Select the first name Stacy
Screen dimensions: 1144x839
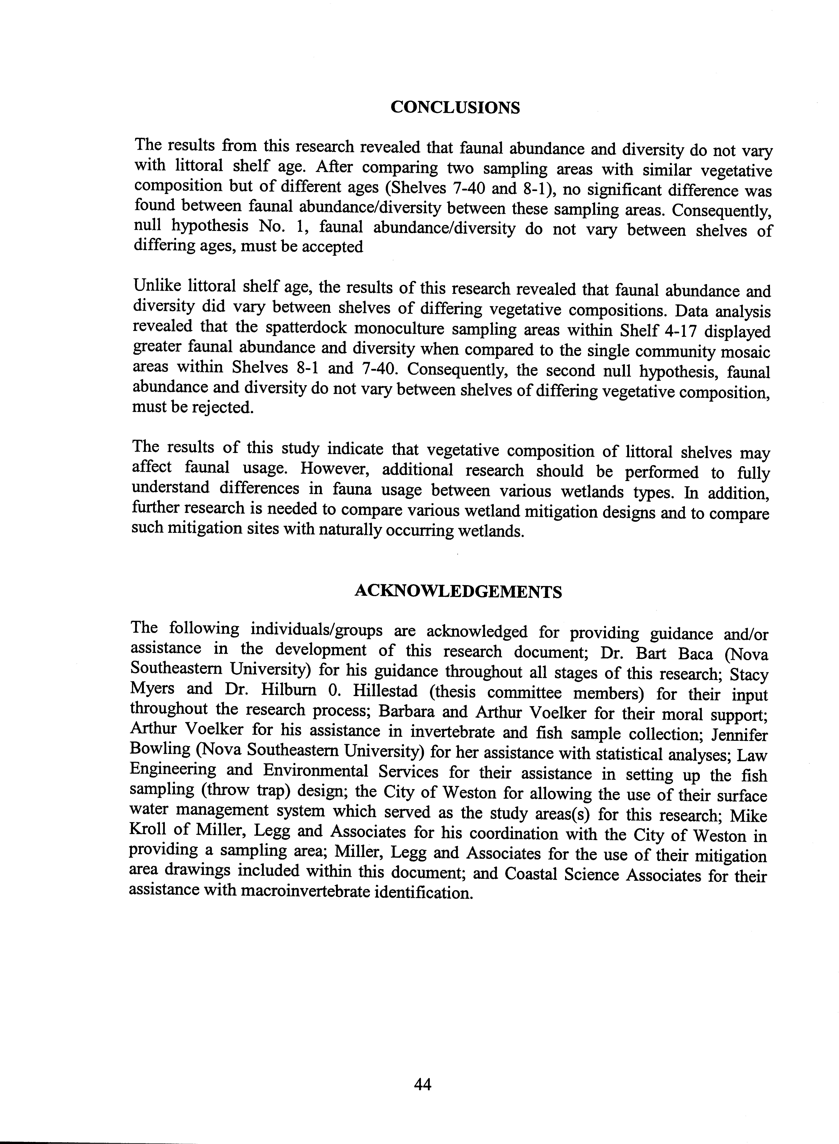[x=749, y=674]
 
